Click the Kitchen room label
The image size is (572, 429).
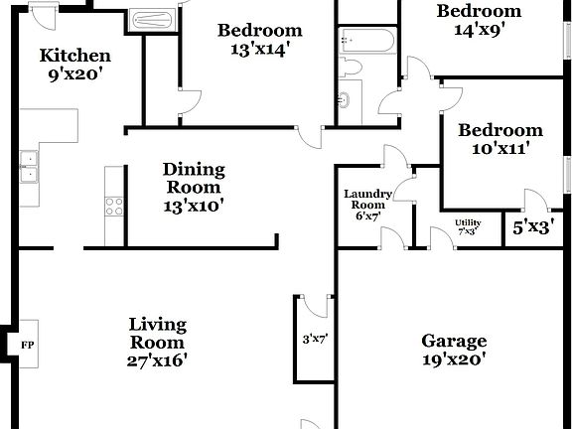point(74,56)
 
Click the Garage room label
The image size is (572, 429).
point(454,341)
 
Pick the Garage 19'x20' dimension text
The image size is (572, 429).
point(454,360)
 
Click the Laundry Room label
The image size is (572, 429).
point(367,199)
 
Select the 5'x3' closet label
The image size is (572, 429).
point(533,226)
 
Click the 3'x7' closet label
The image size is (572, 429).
point(315,339)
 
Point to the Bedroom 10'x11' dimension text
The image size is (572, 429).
point(500,149)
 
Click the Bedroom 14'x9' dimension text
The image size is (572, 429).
point(480,30)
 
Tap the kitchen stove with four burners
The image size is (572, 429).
point(113,207)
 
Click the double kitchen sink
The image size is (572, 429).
point(30,168)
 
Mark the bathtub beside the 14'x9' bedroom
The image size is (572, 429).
point(366,40)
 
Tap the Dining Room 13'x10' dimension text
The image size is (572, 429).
point(194,207)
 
